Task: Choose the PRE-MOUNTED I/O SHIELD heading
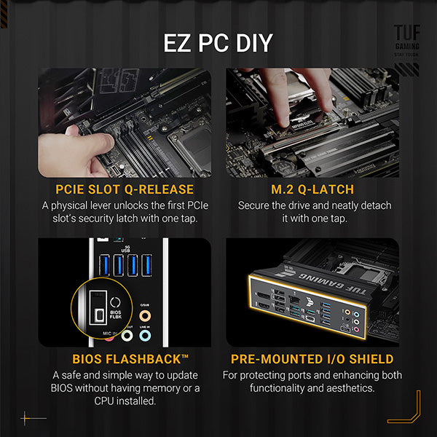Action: click(312, 359)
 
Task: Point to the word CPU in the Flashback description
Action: click(107, 401)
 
